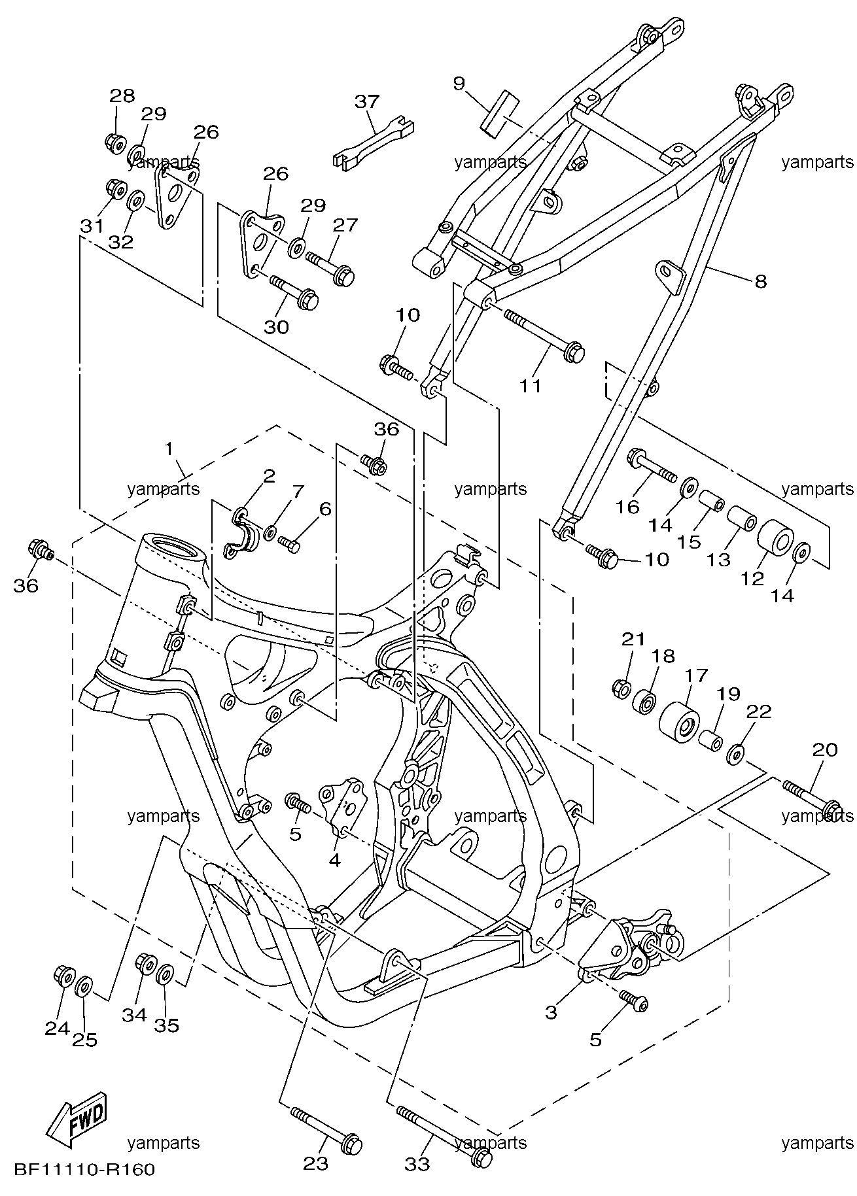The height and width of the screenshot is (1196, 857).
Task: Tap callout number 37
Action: (367, 101)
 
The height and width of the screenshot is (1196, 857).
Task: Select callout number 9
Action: (459, 83)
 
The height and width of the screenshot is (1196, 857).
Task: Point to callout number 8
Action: (760, 282)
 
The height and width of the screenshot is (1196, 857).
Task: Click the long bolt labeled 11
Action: (544, 332)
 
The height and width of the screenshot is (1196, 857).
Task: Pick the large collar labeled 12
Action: (775, 537)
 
